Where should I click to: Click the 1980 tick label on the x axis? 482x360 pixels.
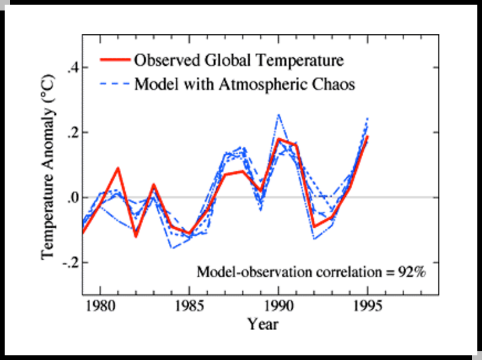tap(100, 305)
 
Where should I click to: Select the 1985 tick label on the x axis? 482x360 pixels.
tap(189, 305)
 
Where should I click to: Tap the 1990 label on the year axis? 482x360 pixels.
tap(279, 305)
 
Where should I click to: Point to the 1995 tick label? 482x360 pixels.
tap(368, 305)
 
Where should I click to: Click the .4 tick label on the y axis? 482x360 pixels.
tap(73, 68)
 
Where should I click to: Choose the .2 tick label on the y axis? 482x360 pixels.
tap(73, 133)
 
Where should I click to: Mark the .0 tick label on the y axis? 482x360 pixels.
tap(73, 197)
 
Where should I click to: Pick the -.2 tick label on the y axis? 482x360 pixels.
tap(70, 263)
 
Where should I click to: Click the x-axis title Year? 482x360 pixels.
tap(263, 324)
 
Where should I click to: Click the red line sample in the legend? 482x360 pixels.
tap(115, 60)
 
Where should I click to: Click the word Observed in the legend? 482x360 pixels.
tap(164, 60)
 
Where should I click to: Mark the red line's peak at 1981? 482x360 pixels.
tap(118, 168)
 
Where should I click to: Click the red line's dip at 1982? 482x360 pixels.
tap(136, 235)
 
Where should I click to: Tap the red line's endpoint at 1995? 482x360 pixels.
tap(368, 137)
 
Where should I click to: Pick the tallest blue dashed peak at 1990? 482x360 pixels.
tap(279, 115)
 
